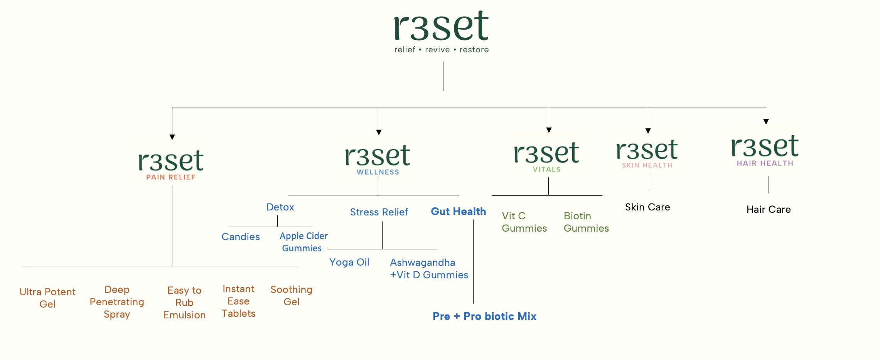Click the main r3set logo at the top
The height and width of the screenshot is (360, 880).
[441, 26]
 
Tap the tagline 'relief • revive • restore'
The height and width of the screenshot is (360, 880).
[441, 50]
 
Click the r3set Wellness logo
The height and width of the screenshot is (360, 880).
[378, 158]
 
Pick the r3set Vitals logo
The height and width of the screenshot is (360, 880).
[547, 155]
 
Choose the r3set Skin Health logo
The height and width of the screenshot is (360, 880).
[647, 152]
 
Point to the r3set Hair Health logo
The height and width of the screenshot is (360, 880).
[765, 149]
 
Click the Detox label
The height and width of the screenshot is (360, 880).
[280, 207]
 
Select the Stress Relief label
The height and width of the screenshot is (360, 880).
[379, 212]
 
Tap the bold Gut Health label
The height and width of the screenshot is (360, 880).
[458, 212]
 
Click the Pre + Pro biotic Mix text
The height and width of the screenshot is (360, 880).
[484, 316]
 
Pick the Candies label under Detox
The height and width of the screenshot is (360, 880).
[241, 237]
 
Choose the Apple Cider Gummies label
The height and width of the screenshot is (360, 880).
[303, 242]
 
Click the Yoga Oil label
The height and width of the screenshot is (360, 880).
[349, 262]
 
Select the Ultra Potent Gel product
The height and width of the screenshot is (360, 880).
[47, 298]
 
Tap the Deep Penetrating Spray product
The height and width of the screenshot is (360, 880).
[117, 302]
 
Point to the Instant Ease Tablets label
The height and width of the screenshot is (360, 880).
[238, 301]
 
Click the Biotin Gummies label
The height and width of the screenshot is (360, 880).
[586, 222]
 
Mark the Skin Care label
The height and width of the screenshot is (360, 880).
[647, 207]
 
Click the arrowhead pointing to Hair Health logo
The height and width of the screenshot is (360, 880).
[766, 122]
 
